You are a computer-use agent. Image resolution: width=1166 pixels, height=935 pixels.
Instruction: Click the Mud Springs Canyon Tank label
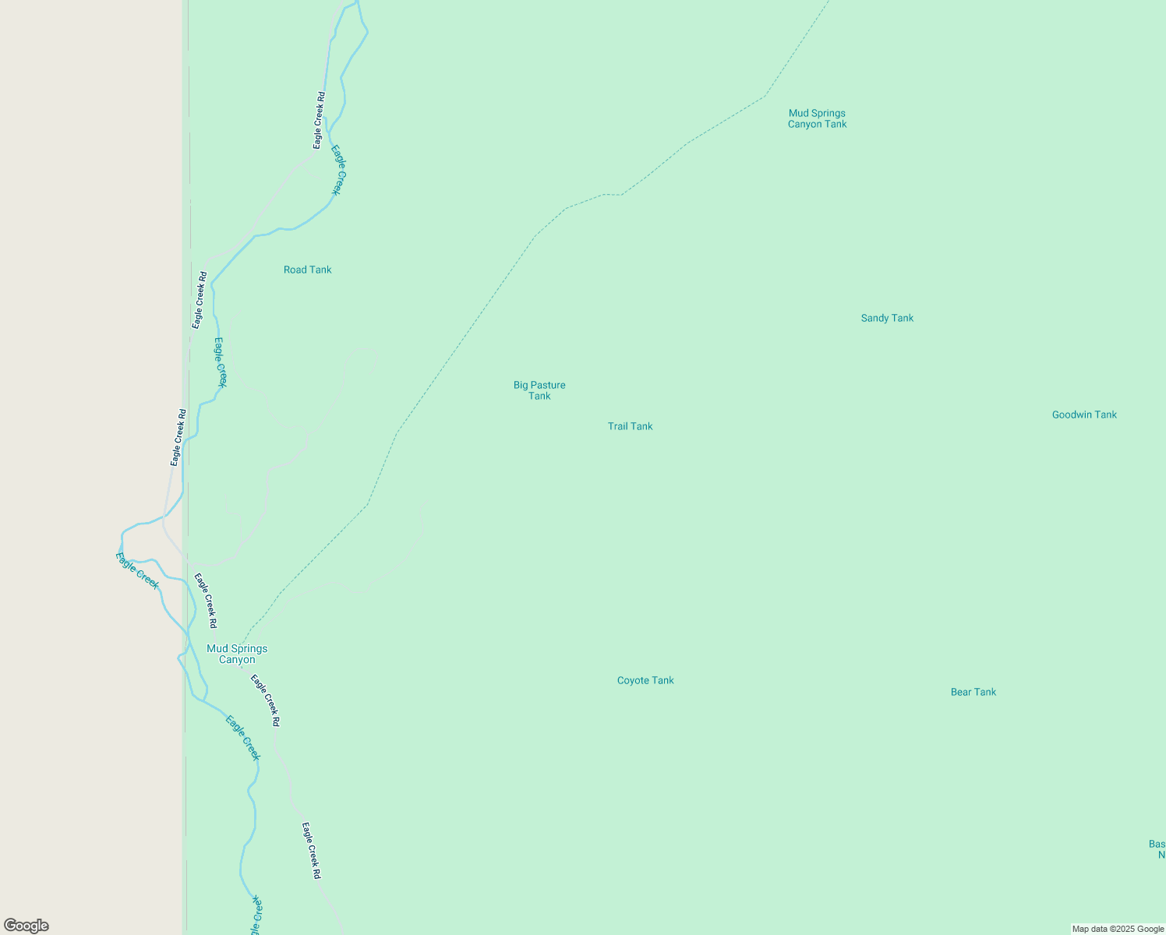tap(817, 118)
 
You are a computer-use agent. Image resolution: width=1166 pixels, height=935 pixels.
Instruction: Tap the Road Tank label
tap(307, 270)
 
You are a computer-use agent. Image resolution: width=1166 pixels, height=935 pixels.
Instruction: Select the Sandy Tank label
tap(887, 318)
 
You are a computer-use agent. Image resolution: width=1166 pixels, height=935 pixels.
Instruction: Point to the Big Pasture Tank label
tap(539, 390)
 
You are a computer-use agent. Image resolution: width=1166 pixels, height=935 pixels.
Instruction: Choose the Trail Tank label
tap(630, 426)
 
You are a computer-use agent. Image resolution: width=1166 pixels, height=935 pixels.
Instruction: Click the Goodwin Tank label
tap(1084, 415)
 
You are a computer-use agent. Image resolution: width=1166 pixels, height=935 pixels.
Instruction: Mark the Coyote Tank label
tap(645, 680)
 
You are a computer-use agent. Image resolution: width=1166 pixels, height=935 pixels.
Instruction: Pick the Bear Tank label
tap(973, 692)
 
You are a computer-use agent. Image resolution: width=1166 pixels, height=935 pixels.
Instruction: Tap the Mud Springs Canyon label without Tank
tap(237, 654)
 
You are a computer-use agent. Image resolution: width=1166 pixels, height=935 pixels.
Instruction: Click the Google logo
tap(26, 926)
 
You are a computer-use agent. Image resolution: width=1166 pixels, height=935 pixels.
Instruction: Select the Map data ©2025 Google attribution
tap(1118, 929)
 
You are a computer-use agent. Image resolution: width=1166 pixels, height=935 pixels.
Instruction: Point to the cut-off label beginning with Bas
tap(1157, 849)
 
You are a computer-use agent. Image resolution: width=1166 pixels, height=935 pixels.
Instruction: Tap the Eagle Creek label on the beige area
tap(137, 570)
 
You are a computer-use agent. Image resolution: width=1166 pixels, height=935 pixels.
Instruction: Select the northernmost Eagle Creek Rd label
tap(319, 120)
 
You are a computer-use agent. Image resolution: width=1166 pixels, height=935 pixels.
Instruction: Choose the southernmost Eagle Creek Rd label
tap(312, 851)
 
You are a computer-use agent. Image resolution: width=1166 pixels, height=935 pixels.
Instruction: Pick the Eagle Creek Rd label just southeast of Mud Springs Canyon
tap(265, 700)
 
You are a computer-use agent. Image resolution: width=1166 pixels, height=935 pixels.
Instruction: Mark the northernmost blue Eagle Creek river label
tap(337, 170)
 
